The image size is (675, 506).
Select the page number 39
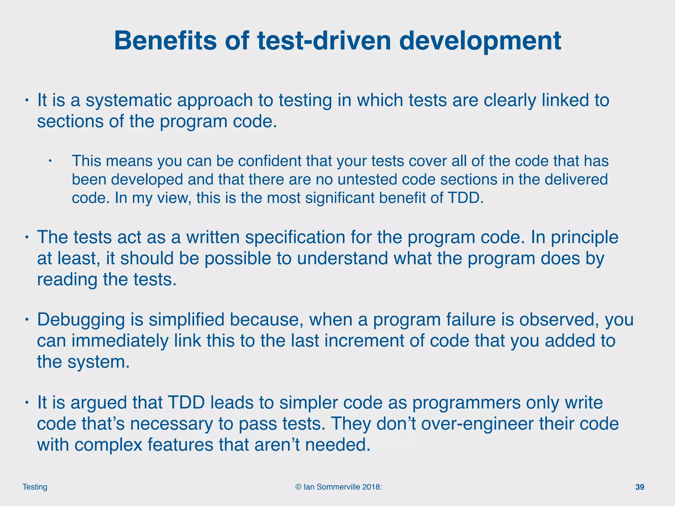pos(639,487)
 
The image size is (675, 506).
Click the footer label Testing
pos(35,487)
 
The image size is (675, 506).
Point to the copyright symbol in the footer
pos(298,487)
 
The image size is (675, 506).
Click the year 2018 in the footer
pos(371,487)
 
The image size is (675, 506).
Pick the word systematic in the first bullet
pos(129,100)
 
